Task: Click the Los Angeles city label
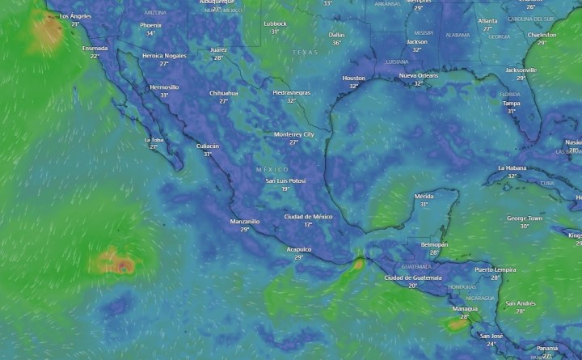tap(76, 16)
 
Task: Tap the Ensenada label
tap(95, 48)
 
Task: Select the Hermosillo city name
tap(164, 87)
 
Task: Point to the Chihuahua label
tap(224, 93)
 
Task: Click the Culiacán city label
tap(208, 146)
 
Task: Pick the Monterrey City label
tap(293, 133)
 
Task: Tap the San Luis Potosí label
tap(285, 180)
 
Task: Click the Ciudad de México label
tap(308, 216)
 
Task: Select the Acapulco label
tap(299, 249)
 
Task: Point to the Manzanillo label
tap(245, 221)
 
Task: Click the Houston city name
tap(353, 78)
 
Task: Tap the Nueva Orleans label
tap(419, 75)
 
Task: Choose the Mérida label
tap(424, 197)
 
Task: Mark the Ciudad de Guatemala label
tap(413, 277)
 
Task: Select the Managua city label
tap(465, 308)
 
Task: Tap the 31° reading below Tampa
tap(511, 111)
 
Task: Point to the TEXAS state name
tap(306, 52)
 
